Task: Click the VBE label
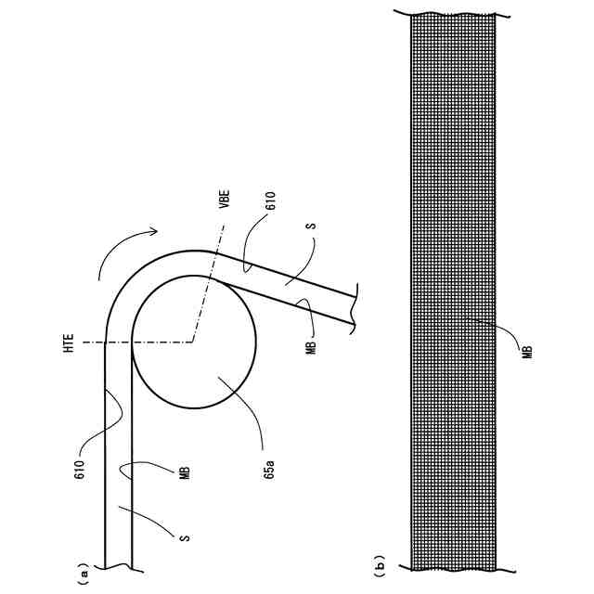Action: click(x=225, y=200)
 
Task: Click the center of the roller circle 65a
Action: click(x=194, y=342)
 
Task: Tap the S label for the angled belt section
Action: click(x=313, y=226)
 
